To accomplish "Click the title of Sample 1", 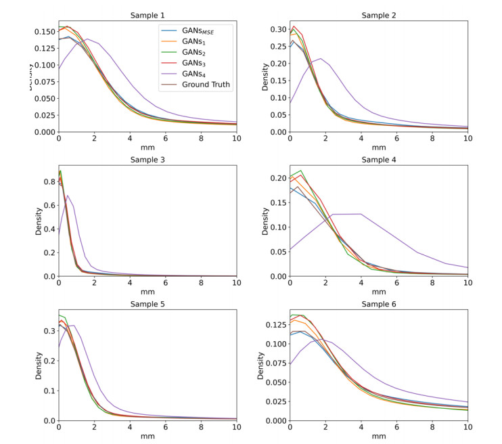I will (x=147, y=15).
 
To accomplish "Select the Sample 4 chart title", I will (x=379, y=159).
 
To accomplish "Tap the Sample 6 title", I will (x=379, y=304).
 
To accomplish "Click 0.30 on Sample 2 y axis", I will (x=277, y=30).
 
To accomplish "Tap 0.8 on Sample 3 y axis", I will (x=48, y=182).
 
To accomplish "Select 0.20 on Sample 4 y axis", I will (x=277, y=178).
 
